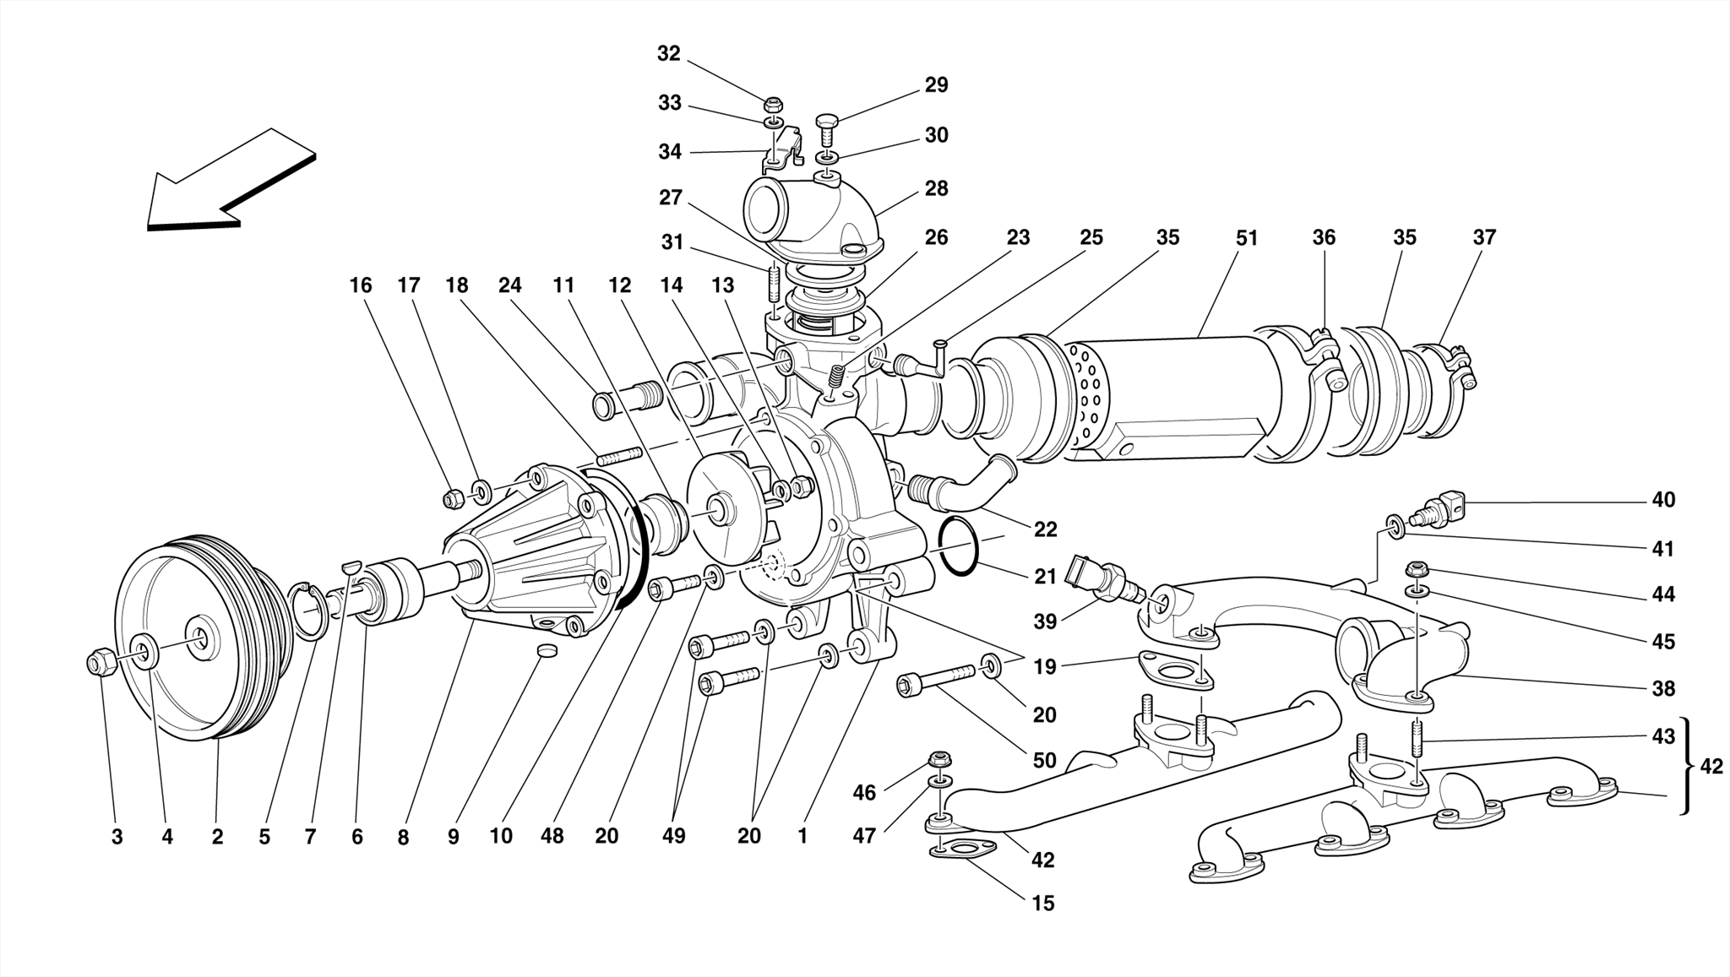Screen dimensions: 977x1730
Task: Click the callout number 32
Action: coord(668,54)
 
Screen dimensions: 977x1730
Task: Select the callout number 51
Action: coord(1247,239)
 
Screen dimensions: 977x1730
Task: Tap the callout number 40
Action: coord(1662,500)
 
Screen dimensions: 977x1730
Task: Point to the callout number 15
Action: coord(1043,904)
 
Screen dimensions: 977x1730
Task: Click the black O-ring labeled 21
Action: coord(959,546)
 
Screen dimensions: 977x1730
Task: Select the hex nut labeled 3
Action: coord(99,662)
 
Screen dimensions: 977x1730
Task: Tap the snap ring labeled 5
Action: coord(311,610)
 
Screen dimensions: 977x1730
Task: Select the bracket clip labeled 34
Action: coord(781,148)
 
